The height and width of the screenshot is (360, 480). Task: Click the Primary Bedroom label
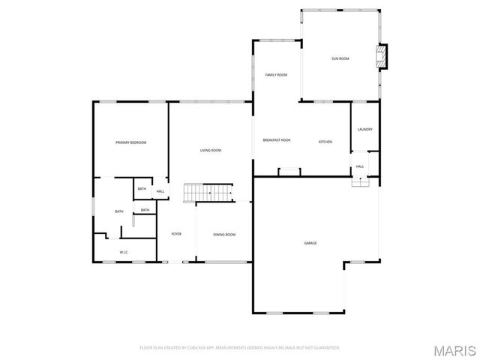pos(130,142)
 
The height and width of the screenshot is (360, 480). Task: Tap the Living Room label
pos(211,151)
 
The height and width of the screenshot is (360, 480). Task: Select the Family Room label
pos(277,75)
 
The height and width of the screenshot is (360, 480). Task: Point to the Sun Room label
pos(340,58)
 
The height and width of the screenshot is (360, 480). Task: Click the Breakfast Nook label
pos(277,140)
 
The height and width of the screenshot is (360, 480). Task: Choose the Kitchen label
pos(325,142)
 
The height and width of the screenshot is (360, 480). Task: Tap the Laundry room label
pos(365,129)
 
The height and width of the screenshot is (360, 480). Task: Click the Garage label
pos(310,243)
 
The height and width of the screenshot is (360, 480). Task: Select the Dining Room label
pos(224,235)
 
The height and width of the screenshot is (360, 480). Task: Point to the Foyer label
pos(176,234)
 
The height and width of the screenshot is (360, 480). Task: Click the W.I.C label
pos(124,252)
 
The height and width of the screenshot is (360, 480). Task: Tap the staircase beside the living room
pos(209,193)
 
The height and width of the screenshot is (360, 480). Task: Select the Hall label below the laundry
pos(360,166)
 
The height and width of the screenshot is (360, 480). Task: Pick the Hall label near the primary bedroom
pos(160,191)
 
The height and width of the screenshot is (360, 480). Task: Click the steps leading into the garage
pos(361,181)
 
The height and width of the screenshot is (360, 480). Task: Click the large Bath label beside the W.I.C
pos(119,211)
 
